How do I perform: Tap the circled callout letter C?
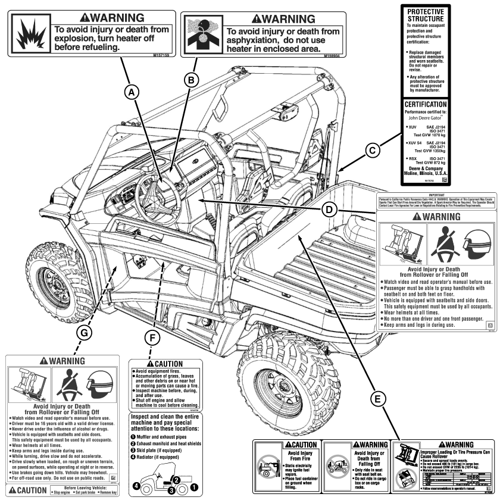(x=371, y=151)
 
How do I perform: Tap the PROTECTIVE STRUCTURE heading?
(x=430, y=15)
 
